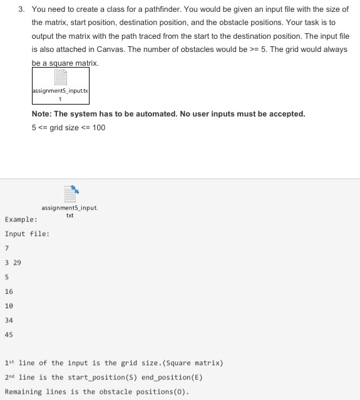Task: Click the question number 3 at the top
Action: tap(21, 9)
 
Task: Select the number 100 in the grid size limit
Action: tap(98, 128)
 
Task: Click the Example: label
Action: tap(21, 220)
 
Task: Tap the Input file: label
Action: tap(27, 234)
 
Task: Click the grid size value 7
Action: tap(7, 249)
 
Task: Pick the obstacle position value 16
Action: tap(9, 292)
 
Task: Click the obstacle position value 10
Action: tap(9, 306)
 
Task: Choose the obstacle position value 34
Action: tap(9, 321)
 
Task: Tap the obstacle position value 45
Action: tap(9, 335)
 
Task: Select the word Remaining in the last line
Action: tap(23, 392)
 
